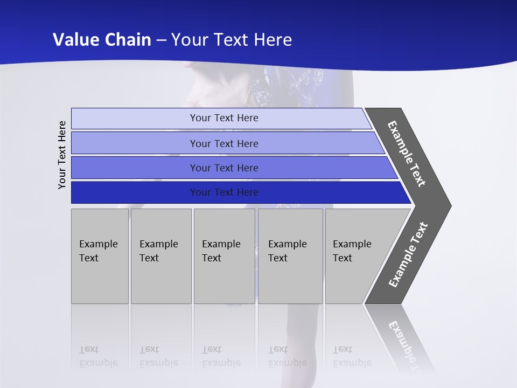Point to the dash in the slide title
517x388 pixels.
pyautogui.click(x=161, y=40)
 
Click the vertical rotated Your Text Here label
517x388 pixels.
pyautogui.click(x=62, y=155)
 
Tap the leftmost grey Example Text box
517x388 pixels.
pyautogui.click(x=100, y=255)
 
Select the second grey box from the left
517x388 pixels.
pyautogui.click(x=160, y=255)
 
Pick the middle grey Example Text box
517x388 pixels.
pyautogui.click(x=224, y=255)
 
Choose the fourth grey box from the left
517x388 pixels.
pyautogui.click(x=290, y=255)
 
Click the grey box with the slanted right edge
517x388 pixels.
pyautogui.click(x=355, y=255)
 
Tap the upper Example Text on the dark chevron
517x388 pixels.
pyautogui.click(x=407, y=154)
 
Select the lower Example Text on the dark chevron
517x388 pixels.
pyautogui.click(x=408, y=255)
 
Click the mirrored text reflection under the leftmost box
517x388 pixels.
pyautogui.click(x=98, y=356)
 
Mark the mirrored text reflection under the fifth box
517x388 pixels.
pyautogui.click(x=352, y=356)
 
